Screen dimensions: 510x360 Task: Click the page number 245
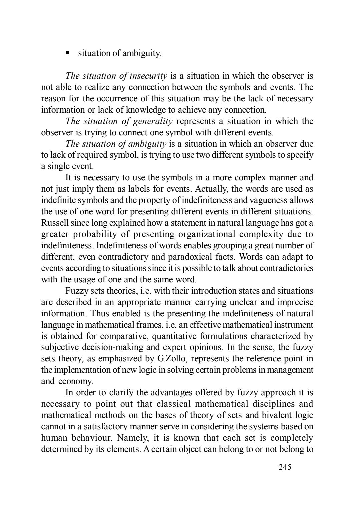click(x=285, y=467)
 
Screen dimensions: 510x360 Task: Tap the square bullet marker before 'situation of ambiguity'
click(x=67, y=53)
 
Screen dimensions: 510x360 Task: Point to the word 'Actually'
click(x=210, y=189)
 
